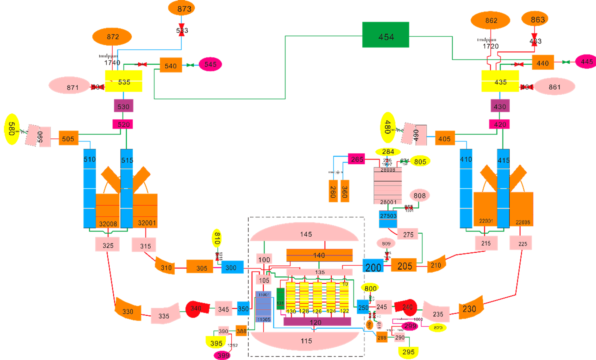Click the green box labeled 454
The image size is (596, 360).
[386, 35]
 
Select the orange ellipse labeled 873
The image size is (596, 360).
[181, 8]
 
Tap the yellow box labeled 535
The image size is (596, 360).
[123, 81]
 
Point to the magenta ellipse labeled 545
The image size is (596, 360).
[210, 65]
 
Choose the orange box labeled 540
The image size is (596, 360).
[171, 65]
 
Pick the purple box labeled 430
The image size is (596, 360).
[500, 106]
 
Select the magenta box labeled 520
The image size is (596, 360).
[123, 124]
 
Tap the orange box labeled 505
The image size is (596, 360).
[68, 138]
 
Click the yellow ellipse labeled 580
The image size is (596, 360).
[12, 129]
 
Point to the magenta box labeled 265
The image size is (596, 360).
[357, 159]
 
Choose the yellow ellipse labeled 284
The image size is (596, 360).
[388, 152]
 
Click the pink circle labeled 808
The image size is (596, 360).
[419, 195]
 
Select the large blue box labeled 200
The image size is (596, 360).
[373, 266]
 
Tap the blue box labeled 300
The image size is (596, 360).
[232, 267]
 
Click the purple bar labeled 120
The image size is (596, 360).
[317, 322]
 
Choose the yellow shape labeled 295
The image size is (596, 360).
[408, 351]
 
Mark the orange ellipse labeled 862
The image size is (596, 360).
[490, 20]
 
